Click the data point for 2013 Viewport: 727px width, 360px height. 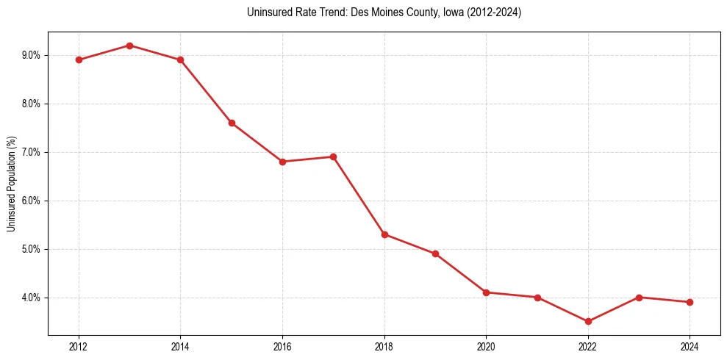point(129,46)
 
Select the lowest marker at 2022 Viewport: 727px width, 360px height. point(588,321)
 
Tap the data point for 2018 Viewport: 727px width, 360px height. point(384,234)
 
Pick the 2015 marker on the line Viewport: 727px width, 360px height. point(232,123)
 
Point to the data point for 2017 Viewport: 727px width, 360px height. point(333,156)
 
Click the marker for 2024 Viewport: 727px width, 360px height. point(690,302)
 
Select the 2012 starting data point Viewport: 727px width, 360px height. point(79,60)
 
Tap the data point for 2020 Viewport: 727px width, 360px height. point(486,292)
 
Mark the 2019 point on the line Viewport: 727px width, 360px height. point(435,253)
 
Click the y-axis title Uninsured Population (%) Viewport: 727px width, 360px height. point(11,184)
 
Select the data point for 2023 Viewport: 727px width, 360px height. point(639,298)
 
